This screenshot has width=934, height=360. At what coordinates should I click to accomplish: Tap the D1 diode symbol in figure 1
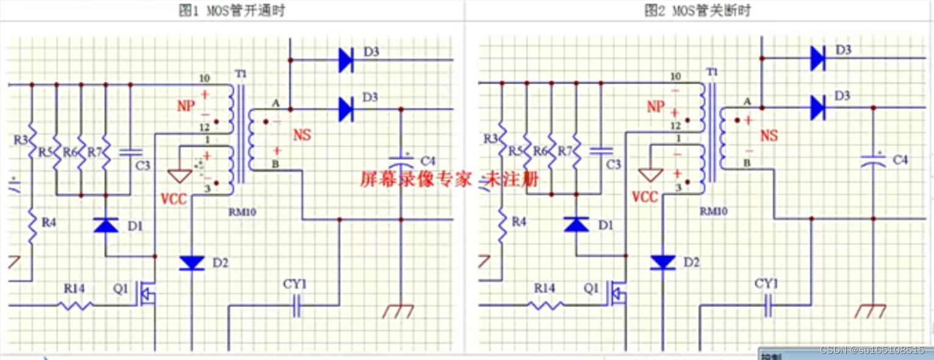[106, 225]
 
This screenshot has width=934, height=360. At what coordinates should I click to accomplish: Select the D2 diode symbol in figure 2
[663, 262]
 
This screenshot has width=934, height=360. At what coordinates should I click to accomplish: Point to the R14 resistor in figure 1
[76, 304]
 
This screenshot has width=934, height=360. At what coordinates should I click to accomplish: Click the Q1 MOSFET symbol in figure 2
[617, 295]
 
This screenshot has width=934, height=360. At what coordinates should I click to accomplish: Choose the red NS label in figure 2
[769, 135]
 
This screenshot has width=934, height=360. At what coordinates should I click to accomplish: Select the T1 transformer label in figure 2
[711, 72]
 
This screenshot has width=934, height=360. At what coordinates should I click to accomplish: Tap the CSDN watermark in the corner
[872, 350]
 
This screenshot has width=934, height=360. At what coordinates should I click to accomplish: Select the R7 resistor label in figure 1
[95, 151]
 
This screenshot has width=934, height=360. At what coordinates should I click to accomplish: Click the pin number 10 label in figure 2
[675, 77]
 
